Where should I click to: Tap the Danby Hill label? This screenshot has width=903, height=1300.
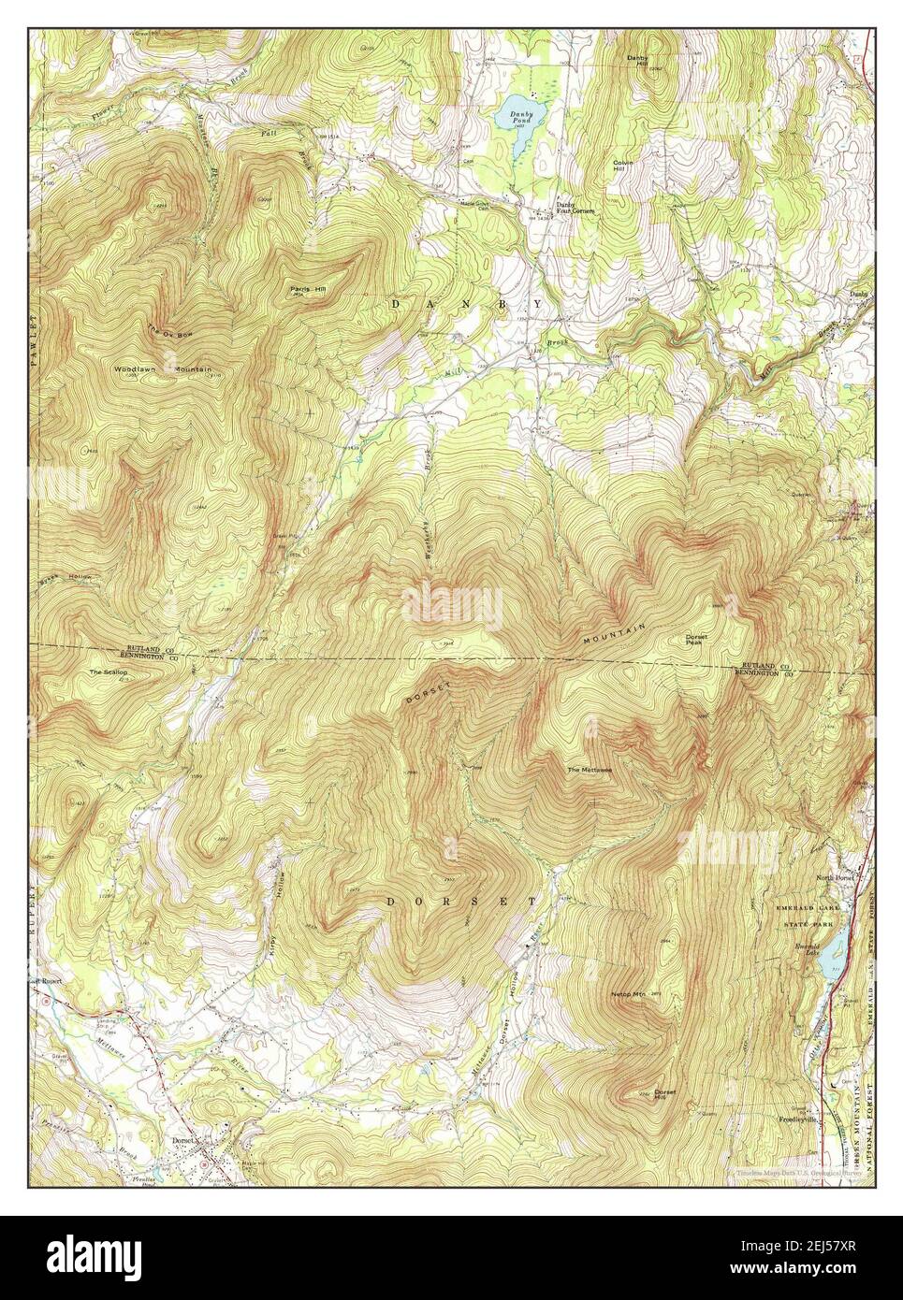(x=637, y=61)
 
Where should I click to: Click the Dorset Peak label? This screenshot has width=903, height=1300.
(x=696, y=640)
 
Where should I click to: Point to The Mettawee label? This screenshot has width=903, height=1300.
(x=589, y=771)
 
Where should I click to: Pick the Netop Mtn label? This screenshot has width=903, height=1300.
(x=628, y=993)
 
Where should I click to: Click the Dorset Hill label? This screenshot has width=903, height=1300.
(x=664, y=1095)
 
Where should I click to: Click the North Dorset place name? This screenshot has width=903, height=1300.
(x=836, y=878)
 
